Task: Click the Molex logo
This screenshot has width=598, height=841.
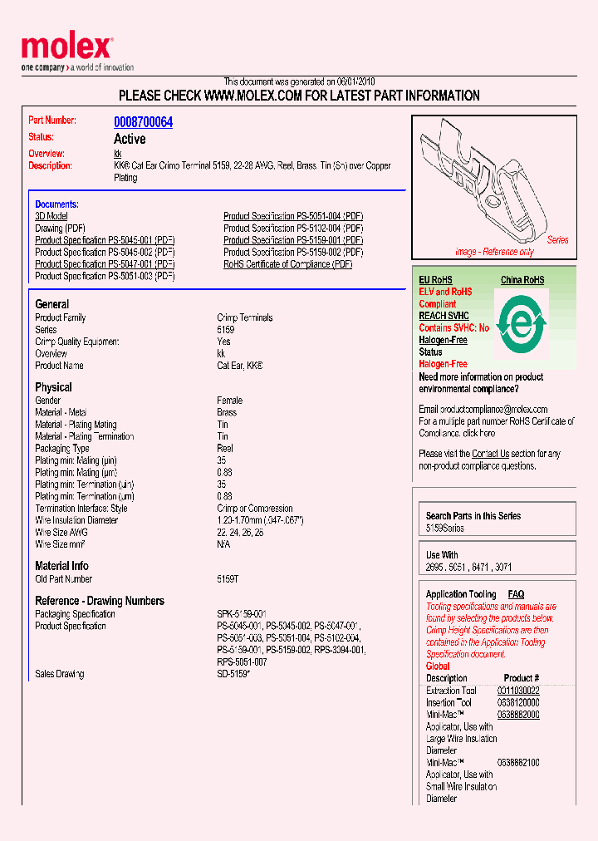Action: [x=66, y=48]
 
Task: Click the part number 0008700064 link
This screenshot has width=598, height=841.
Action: [x=143, y=122]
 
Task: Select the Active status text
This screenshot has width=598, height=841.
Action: [x=130, y=139]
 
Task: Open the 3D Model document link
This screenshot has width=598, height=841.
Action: [x=51, y=216]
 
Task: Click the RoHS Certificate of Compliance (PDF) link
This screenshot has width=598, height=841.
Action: [x=287, y=264]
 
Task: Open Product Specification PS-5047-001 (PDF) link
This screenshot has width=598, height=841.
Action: [x=105, y=264]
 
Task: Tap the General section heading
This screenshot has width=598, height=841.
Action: [x=52, y=304]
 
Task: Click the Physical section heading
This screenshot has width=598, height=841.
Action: [x=53, y=387]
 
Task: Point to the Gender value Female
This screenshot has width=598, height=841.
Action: [x=229, y=401]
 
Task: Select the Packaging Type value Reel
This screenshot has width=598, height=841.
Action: [x=224, y=449]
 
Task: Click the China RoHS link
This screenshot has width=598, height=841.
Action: [x=522, y=280]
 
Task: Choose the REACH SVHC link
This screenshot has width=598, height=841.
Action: [x=444, y=316]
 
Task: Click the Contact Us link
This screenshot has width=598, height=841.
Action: [x=490, y=454]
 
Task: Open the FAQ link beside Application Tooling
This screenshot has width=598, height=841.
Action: [x=516, y=594]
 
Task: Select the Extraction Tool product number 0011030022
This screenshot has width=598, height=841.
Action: [x=518, y=691]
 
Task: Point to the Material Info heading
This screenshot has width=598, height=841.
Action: [x=61, y=566]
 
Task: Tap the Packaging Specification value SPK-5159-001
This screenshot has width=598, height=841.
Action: [x=242, y=614]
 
